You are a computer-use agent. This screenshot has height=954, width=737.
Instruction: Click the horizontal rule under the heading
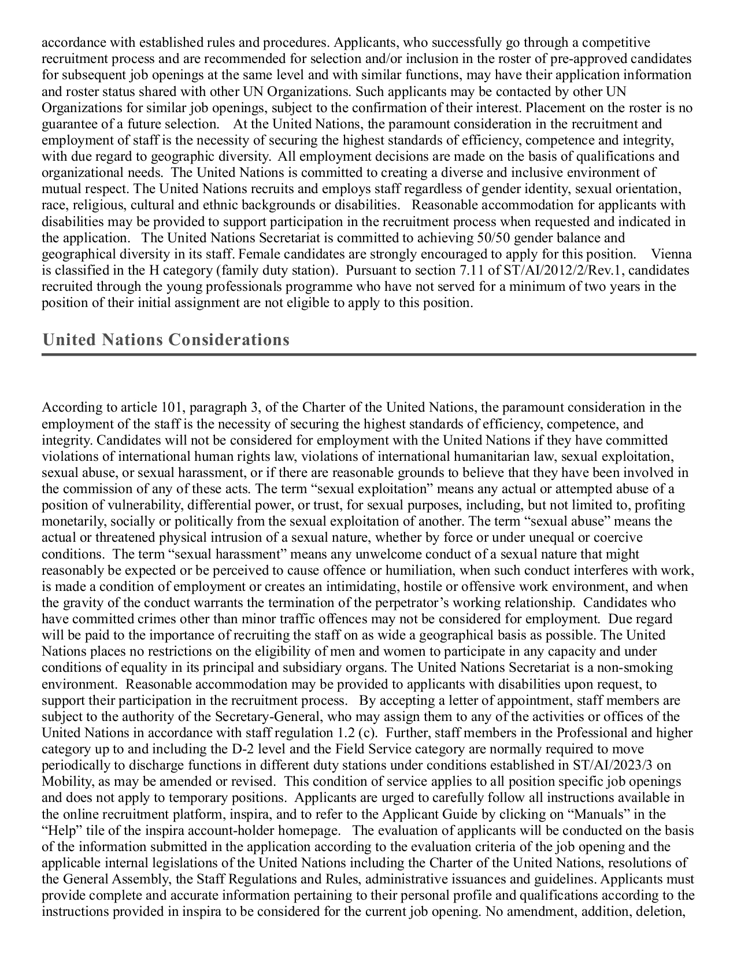point(369,354)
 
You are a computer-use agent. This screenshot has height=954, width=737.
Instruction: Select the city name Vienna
point(671,254)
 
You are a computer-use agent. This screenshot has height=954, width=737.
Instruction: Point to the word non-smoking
point(636,668)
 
